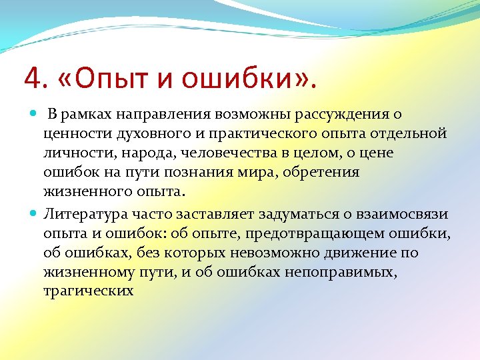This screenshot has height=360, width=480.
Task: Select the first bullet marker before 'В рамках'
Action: pos(34,115)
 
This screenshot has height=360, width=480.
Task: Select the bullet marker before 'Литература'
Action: pos(34,214)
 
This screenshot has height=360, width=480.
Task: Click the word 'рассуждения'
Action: pos(336,115)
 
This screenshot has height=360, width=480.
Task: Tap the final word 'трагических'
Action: pos(87,291)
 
